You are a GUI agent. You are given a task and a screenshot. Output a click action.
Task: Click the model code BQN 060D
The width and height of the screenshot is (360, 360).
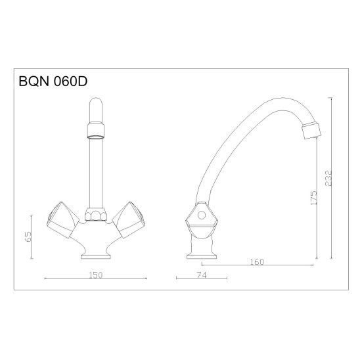53,81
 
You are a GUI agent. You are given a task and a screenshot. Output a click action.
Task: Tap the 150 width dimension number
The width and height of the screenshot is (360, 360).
96,275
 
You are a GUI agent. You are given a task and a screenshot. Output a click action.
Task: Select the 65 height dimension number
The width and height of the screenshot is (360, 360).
28,236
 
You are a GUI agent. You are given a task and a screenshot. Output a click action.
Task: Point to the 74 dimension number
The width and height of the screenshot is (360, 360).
202,275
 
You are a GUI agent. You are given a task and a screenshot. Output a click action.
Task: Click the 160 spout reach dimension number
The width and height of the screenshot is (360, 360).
257,262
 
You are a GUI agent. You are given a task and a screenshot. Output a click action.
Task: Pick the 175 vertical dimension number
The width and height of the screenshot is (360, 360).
313,198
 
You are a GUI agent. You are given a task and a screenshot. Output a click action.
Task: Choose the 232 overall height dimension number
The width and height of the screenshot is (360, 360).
328,178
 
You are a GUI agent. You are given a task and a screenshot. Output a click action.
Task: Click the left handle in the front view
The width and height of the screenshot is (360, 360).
62,219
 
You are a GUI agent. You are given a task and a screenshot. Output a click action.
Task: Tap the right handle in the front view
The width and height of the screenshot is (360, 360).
129,219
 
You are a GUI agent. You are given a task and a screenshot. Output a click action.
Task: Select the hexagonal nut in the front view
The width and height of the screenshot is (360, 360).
96,214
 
